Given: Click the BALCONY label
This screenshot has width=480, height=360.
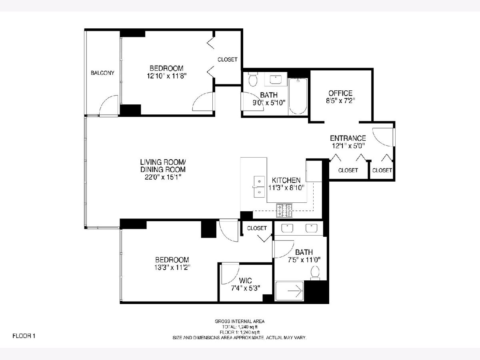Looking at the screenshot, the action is tap(102, 73).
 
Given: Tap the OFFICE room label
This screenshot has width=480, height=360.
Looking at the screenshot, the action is tap(340, 93).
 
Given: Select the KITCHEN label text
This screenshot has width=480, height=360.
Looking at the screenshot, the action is tap(286, 180).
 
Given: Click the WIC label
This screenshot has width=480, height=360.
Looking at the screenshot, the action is tap(245, 280).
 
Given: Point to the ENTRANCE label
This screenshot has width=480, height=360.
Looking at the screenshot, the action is tap(348, 138).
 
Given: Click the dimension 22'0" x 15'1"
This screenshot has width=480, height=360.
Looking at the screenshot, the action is tap(163, 177).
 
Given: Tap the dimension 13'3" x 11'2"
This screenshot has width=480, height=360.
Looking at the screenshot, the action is tap(172, 267).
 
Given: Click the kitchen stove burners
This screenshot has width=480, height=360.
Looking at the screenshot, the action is tap(284, 210).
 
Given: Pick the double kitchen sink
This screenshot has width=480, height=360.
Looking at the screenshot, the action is tap(259, 187).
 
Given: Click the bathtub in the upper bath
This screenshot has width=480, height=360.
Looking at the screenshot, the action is tap(298, 96).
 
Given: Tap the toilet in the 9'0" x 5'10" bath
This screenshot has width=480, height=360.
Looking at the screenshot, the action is tap(253, 79).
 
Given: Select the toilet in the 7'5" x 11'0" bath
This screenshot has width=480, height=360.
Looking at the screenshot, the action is tap(315, 273).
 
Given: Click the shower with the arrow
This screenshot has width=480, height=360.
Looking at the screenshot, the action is tap(290, 291).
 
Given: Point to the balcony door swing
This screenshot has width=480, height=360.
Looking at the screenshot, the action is tap(109, 105).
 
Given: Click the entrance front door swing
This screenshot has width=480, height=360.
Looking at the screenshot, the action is tap(383, 137).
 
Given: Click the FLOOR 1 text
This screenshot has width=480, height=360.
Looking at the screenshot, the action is tap(24, 336).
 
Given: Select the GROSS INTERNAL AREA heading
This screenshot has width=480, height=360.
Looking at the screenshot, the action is tap(240, 321).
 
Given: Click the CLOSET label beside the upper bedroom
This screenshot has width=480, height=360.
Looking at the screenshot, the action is tap(228, 60).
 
